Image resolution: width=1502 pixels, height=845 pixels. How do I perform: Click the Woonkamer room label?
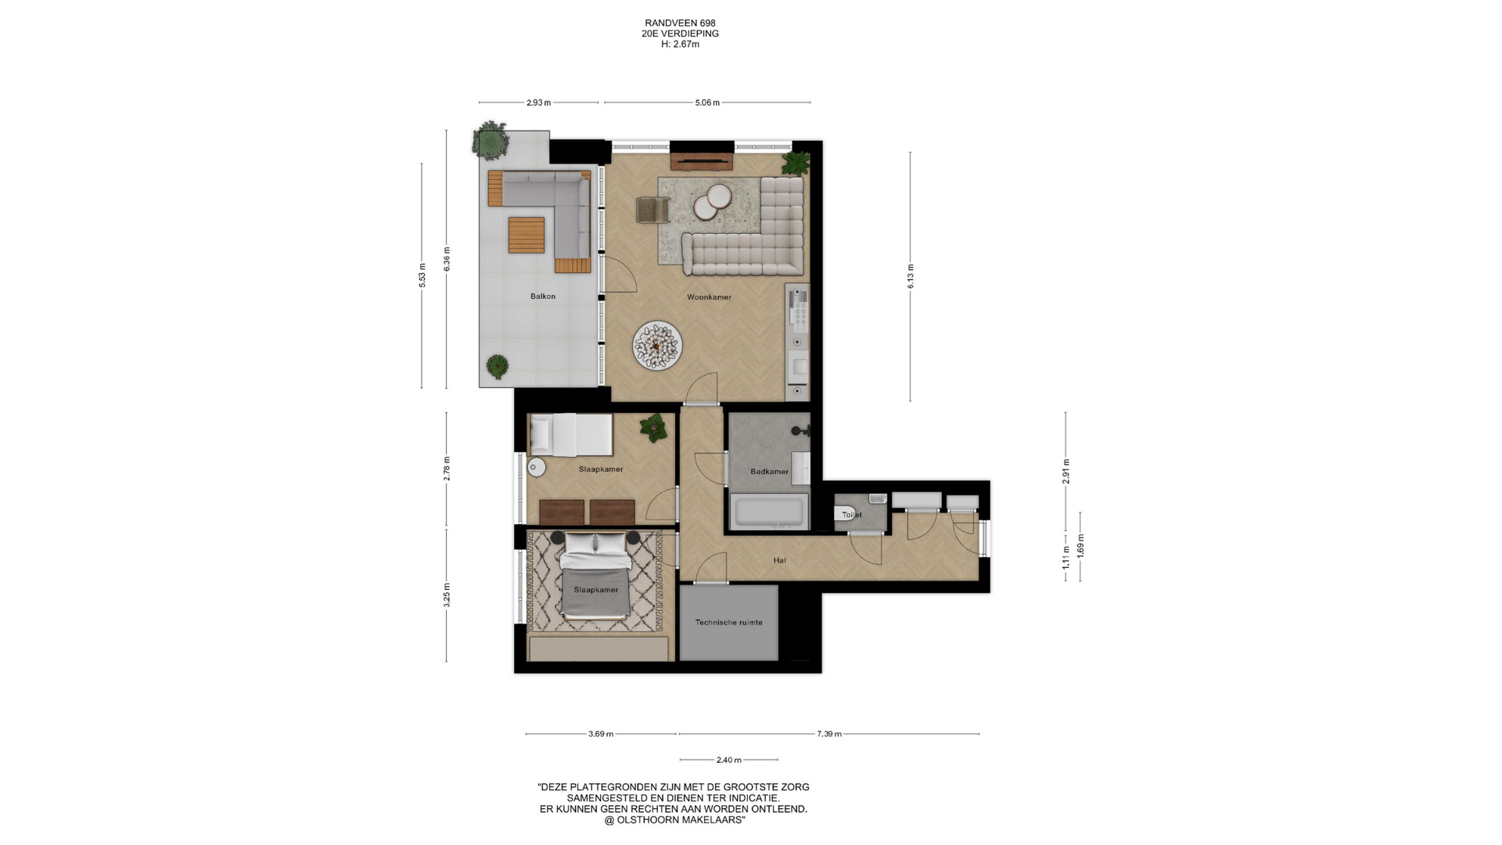(709, 297)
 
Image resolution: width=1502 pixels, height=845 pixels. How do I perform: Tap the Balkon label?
(543, 297)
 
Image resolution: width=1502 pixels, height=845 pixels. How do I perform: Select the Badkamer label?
(769, 472)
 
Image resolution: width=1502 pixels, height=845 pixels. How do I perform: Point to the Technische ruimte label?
(728, 623)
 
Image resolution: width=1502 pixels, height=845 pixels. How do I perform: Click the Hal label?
(779, 560)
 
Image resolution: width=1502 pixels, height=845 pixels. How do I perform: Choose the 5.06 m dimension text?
(707, 102)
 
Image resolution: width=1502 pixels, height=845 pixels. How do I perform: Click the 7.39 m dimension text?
(829, 734)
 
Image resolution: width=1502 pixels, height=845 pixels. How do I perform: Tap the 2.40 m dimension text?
(728, 760)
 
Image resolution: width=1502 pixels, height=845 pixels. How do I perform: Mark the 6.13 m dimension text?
(911, 276)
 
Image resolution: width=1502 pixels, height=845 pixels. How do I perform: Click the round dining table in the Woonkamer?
(657, 346)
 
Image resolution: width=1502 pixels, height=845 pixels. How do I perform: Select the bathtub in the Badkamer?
(769, 512)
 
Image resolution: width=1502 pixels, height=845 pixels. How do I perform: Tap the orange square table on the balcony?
(526, 235)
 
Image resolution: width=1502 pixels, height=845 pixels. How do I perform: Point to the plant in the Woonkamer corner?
(796, 163)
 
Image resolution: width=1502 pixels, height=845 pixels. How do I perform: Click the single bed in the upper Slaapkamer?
(571, 434)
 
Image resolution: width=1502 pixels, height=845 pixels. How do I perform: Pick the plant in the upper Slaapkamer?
(652, 428)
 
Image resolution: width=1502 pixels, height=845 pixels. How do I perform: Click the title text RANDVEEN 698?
(680, 23)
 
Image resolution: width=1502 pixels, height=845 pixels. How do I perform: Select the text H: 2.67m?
(680, 44)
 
